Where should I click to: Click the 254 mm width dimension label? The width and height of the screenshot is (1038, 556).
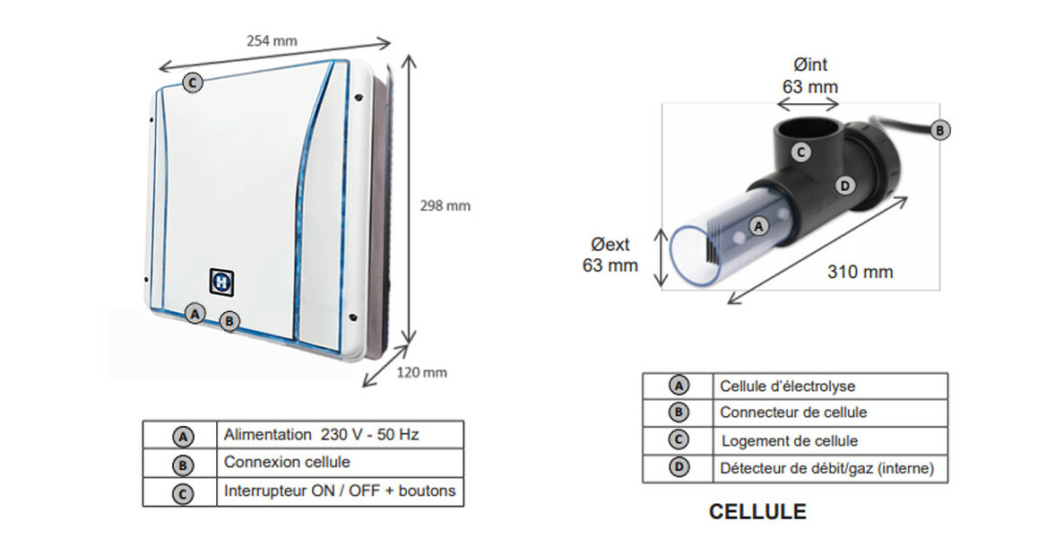tap(272, 40)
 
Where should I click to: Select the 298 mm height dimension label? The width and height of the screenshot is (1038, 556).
tap(445, 205)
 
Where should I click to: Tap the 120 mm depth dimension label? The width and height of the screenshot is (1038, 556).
tap(421, 372)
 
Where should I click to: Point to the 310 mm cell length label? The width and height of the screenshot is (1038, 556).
tap(860, 272)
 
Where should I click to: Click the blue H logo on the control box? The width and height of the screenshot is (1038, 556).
tap(221, 281)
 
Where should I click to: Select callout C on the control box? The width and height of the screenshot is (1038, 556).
tap(193, 83)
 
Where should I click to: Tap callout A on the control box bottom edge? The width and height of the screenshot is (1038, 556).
tap(195, 313)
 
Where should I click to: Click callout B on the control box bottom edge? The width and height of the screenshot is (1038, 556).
tap(229, 320)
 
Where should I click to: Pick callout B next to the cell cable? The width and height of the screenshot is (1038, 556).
tap(939, 130)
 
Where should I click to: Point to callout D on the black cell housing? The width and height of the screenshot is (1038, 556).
tap(843, 186)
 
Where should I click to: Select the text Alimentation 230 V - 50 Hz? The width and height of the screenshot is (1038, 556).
tap(321, 435)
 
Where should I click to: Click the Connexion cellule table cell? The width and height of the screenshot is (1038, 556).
tap(287, 463)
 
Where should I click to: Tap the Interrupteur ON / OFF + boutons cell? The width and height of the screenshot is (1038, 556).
tap(339, 491)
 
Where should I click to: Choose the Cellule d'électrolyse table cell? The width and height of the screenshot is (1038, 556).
tap(787, 387)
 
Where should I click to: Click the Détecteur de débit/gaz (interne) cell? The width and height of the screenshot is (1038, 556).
tap(826, 468)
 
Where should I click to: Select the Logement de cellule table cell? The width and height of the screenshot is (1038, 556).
tap(789, 441)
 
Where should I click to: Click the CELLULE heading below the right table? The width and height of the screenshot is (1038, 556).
tap(757, 512)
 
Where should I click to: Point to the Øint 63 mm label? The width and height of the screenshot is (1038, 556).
tap(809, 76)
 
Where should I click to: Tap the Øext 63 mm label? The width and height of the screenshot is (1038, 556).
tap(610, 255)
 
